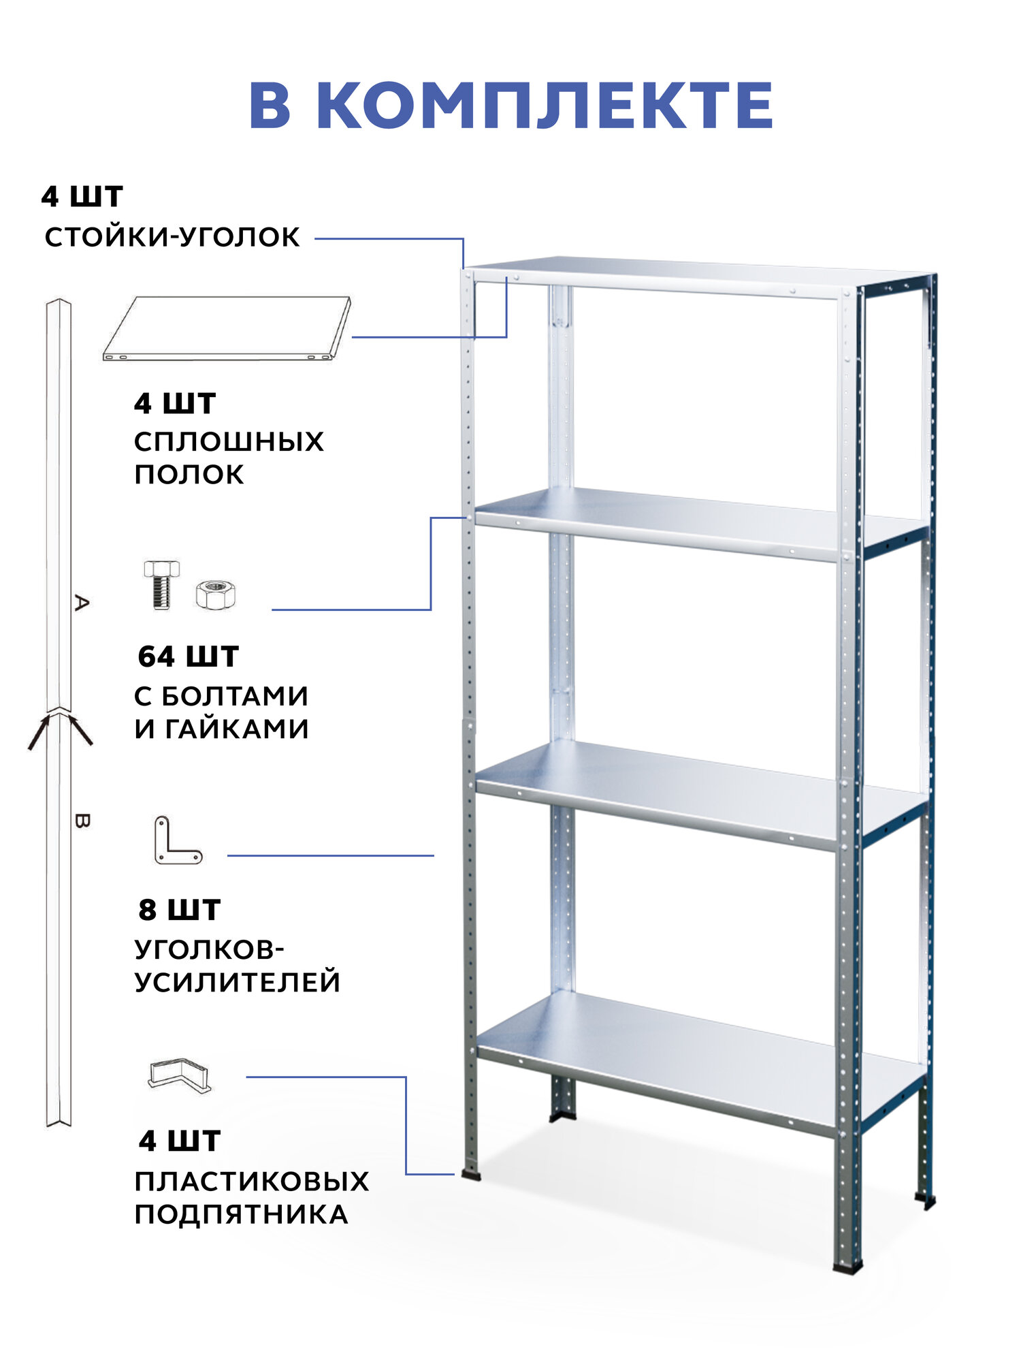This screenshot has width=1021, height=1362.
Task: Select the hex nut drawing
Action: [215, 594]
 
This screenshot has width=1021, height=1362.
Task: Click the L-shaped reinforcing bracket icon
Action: [176, 842]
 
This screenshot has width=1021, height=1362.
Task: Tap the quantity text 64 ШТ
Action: [188, 657]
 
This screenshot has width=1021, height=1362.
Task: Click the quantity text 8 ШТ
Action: [179, 910]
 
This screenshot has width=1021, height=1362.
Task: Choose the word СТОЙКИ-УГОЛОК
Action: [172, 238]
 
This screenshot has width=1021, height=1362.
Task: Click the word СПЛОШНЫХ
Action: [229, 442]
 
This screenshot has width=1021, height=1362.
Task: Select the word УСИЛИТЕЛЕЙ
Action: [237, 983]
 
